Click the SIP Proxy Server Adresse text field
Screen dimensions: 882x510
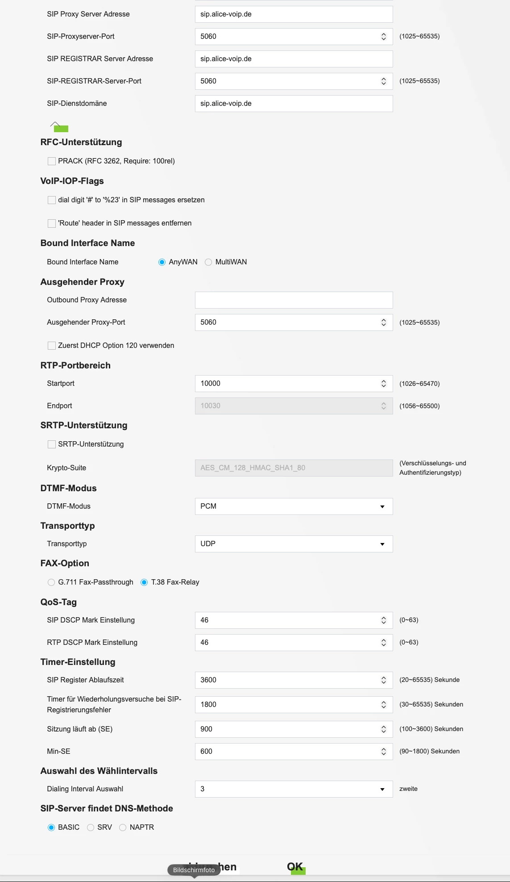[294, 14]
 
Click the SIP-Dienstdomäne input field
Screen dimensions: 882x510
[294, 104]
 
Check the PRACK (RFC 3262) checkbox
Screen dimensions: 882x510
[52, 161]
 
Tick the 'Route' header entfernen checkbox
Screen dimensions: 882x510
[52, 223]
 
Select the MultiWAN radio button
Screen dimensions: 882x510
[208, 262]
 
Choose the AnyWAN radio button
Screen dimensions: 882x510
[162, 262]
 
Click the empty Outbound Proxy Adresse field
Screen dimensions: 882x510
[294, 300]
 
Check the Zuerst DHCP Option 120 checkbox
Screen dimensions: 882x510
[52, 346]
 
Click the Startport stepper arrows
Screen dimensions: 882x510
[383, 384]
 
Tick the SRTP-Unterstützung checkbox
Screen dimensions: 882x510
[52, 444]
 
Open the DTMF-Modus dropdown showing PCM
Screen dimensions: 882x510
[294, 506]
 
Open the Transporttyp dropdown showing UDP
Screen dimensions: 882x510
[294, 544]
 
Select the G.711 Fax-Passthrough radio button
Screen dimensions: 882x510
[51, 582]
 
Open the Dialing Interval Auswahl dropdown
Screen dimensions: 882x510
[294, 789]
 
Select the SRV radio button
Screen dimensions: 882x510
[91, 828]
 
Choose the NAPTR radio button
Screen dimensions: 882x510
[123, 828]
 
